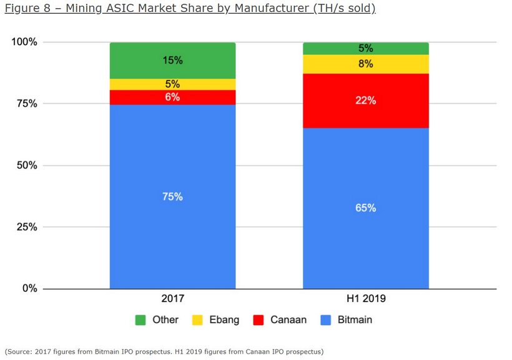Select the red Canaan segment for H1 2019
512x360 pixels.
click(x=366, y=116)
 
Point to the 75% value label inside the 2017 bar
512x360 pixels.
click(x=172, y=197)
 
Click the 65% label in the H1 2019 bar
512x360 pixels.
click(x=366, y=208)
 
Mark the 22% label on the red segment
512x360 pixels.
click(x=366, y=100)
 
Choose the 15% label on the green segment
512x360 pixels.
click(x=172, y=61)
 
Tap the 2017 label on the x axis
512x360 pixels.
click(x=172, y=299)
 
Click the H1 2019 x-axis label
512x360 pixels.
click(x=366, y=299)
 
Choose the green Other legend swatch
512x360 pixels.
click(x=140, y=320)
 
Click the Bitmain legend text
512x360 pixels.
click(x=355, y=320)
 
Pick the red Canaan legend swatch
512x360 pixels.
click(x=258, y=320)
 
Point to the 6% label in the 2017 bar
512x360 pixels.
click(x=172, y=97)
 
